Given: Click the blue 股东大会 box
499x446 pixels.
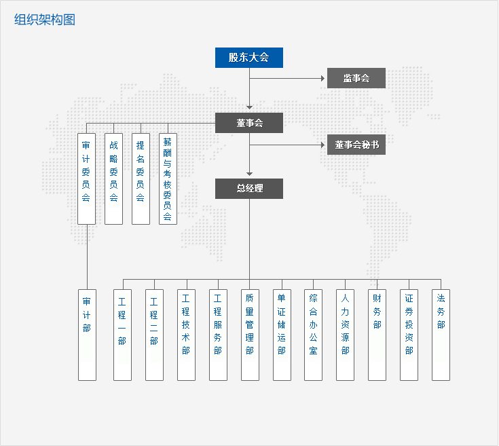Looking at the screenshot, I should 249,58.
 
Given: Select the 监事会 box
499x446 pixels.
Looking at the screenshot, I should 356,78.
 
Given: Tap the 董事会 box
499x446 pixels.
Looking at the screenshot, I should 249,123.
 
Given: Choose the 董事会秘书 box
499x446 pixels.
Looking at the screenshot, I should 356,145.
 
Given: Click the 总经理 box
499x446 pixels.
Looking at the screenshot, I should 249,189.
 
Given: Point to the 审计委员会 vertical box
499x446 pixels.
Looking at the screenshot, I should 86,179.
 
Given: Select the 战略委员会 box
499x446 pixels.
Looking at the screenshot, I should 113,179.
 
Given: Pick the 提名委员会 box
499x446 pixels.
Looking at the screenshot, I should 141,179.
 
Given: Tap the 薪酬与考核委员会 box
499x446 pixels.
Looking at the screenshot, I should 168,179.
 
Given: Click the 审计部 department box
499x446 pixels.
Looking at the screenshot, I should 87,335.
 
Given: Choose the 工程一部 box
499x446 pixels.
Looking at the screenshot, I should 122,335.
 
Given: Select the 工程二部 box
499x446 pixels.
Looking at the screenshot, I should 154,335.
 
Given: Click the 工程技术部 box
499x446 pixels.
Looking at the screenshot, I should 186,335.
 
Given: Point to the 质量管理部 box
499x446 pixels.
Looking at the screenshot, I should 250,335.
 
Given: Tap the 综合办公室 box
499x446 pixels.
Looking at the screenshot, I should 313,335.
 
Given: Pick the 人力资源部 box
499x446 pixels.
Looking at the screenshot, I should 345,335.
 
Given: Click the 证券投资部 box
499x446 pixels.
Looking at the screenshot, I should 409,335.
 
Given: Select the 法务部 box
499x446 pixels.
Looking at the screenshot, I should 441,335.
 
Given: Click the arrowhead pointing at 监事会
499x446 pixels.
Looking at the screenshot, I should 323,78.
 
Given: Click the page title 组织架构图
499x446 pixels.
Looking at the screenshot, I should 45,20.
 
